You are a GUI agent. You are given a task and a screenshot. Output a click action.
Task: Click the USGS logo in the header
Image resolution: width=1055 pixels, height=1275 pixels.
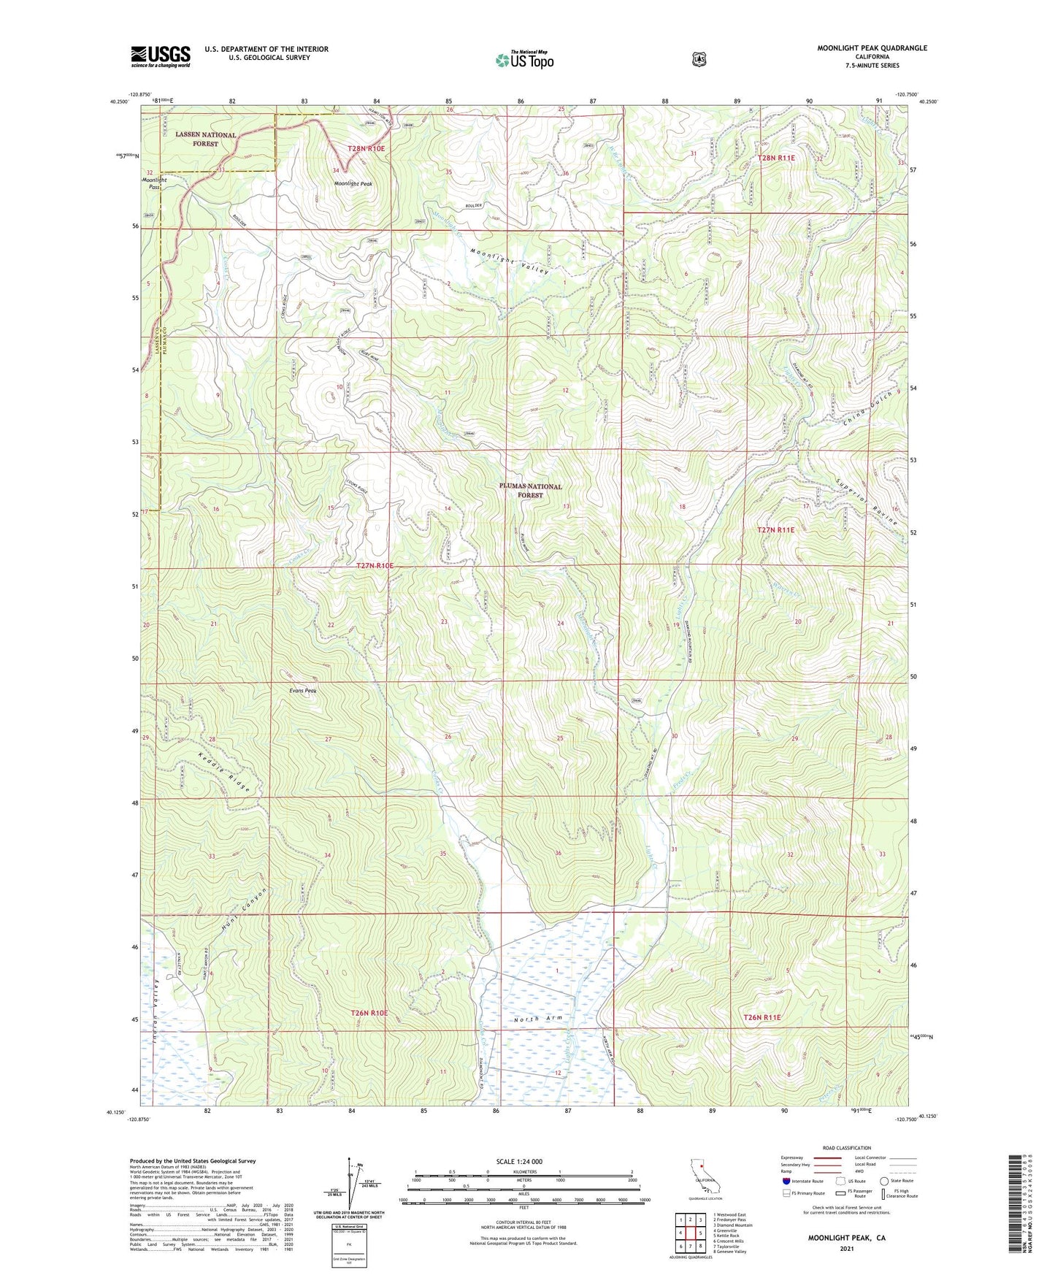point(161,56)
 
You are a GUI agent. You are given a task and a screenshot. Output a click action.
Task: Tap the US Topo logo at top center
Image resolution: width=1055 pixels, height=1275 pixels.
point(523,61)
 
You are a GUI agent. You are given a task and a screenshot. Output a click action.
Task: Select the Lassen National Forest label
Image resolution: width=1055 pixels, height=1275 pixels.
point(205,139)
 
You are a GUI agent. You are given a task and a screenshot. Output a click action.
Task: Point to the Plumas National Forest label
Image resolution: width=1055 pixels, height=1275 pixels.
point(530,491)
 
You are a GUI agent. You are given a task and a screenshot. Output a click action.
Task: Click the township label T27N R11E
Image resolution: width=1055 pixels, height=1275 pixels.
point(775,530)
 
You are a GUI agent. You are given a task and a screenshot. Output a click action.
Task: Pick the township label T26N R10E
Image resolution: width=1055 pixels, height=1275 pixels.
point(369,1014)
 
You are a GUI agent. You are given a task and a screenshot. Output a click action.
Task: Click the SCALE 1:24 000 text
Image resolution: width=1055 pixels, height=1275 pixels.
point(518,1162)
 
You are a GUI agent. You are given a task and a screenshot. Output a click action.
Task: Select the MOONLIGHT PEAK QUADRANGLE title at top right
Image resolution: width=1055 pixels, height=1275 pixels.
point(872,48)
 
